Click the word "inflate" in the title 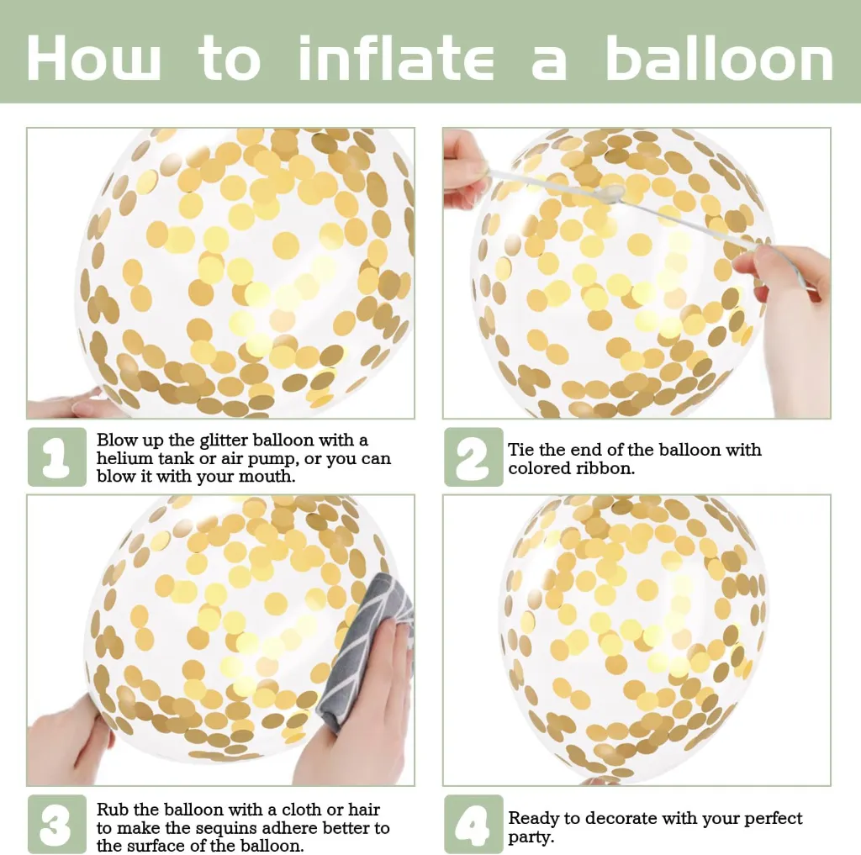click(x=396, y=58)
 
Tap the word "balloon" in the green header click(x=720, y=58)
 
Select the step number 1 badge click(x=57, y=457)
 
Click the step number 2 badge click(x=473, y=457)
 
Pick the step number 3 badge click(x=57, y=824)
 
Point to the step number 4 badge click(x=473, y=824)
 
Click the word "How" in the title click(x=93, y=58)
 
